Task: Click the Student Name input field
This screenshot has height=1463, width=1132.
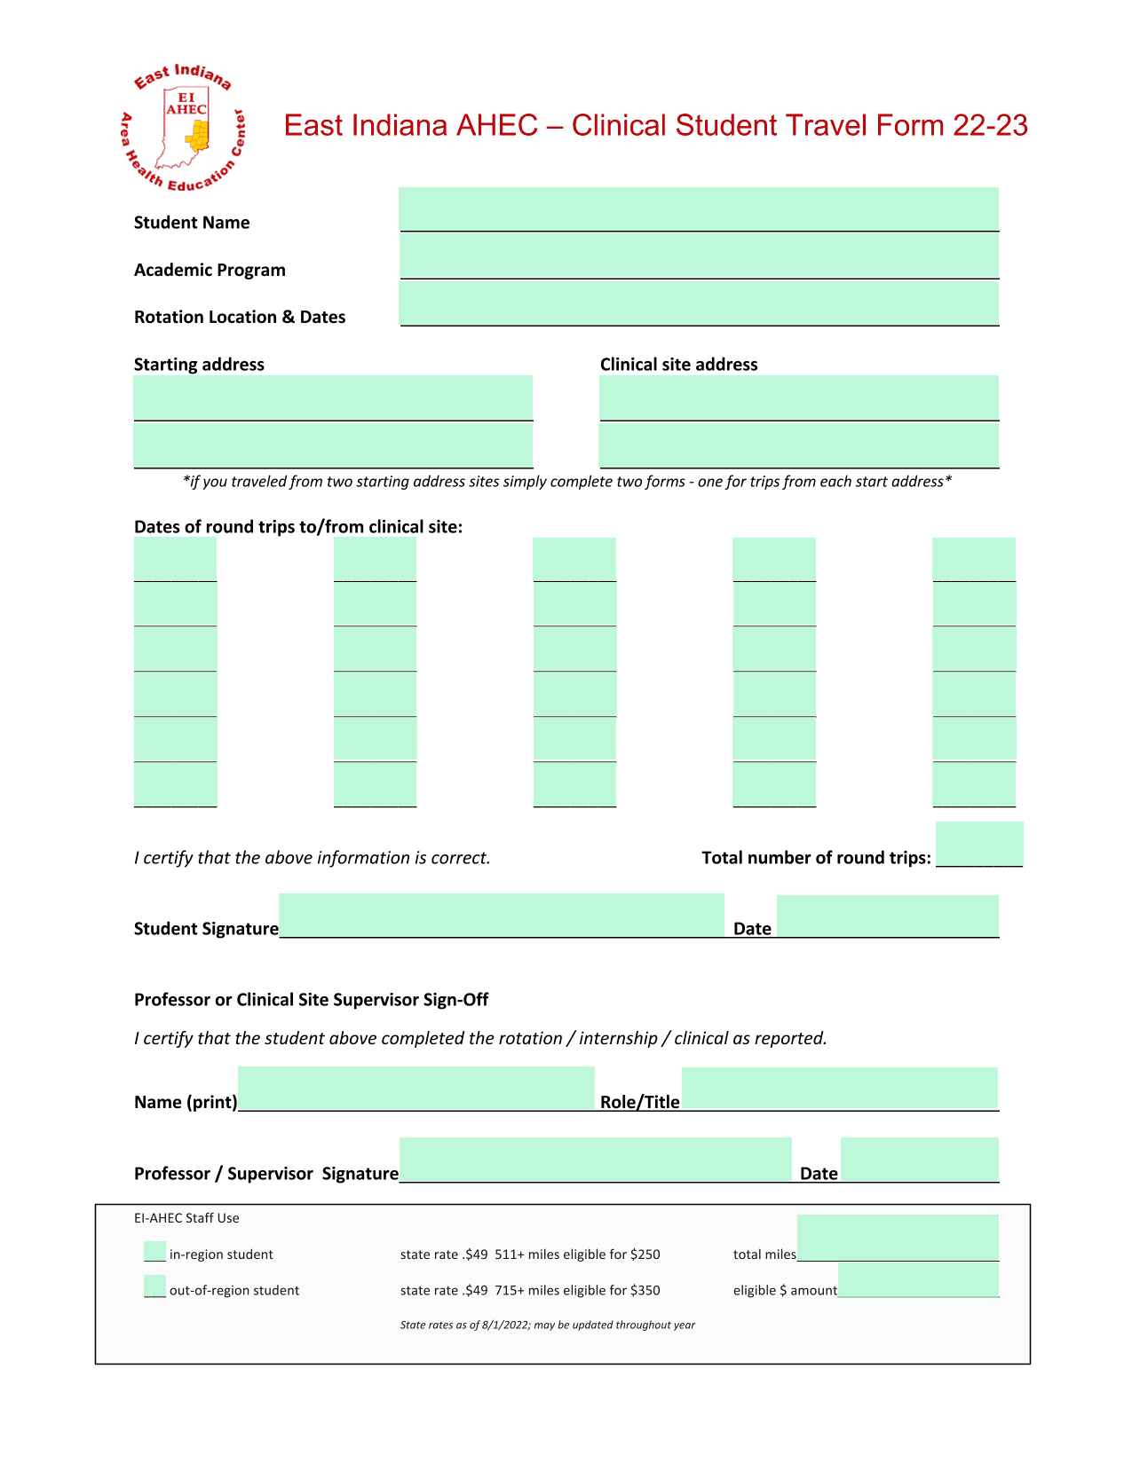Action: tap(699, 209)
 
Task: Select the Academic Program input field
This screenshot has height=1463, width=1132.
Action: tap(699, 256)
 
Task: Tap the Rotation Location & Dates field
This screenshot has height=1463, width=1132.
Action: tap(699, 303)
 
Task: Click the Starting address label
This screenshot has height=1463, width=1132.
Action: tap(199, 365)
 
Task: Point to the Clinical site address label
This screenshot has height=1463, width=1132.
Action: tap(678, 365)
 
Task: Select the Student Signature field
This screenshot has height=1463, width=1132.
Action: tap(502, 915)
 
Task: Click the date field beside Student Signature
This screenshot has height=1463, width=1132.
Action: tap(887, 916)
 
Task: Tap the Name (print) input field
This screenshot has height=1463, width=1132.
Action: tap(416, 1088)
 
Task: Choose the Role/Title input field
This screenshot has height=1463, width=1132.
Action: tap(839, 1088)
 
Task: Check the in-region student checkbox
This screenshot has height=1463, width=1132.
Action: tap(154, 1252)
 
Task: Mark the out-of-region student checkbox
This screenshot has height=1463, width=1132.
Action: tap(154, 1286)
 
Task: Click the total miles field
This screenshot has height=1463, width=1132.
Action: tap(898, 1238)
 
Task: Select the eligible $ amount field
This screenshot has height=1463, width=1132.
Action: tap(918, 1279)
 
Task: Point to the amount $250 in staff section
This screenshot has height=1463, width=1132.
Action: tap(645, 1255)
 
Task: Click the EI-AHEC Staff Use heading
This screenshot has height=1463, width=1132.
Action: tap(186, 1218)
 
